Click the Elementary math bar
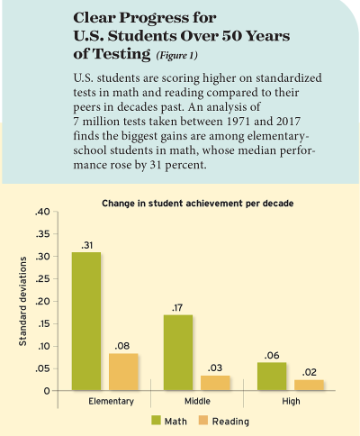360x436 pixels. click(x=86, y=321)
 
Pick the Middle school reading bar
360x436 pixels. click(x=214, y=383)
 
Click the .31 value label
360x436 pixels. click(x=86, y=245)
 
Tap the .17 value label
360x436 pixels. click(x=178, y=307)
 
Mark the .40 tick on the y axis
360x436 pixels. click(x=43, y=213)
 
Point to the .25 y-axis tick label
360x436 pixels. click(x=43, y=279)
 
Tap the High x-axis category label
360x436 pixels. click(x=289, y=401)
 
